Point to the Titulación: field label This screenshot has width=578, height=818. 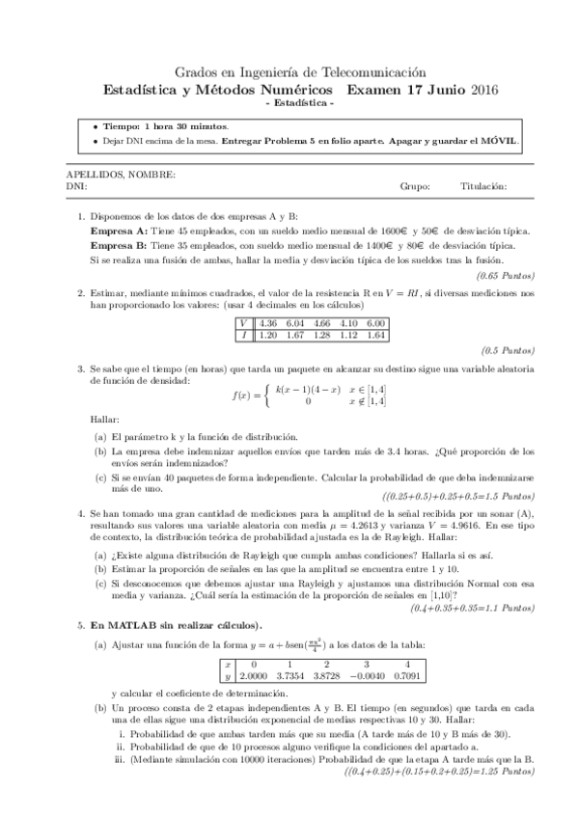point(482,186)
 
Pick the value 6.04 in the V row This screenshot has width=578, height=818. point(294,322)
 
